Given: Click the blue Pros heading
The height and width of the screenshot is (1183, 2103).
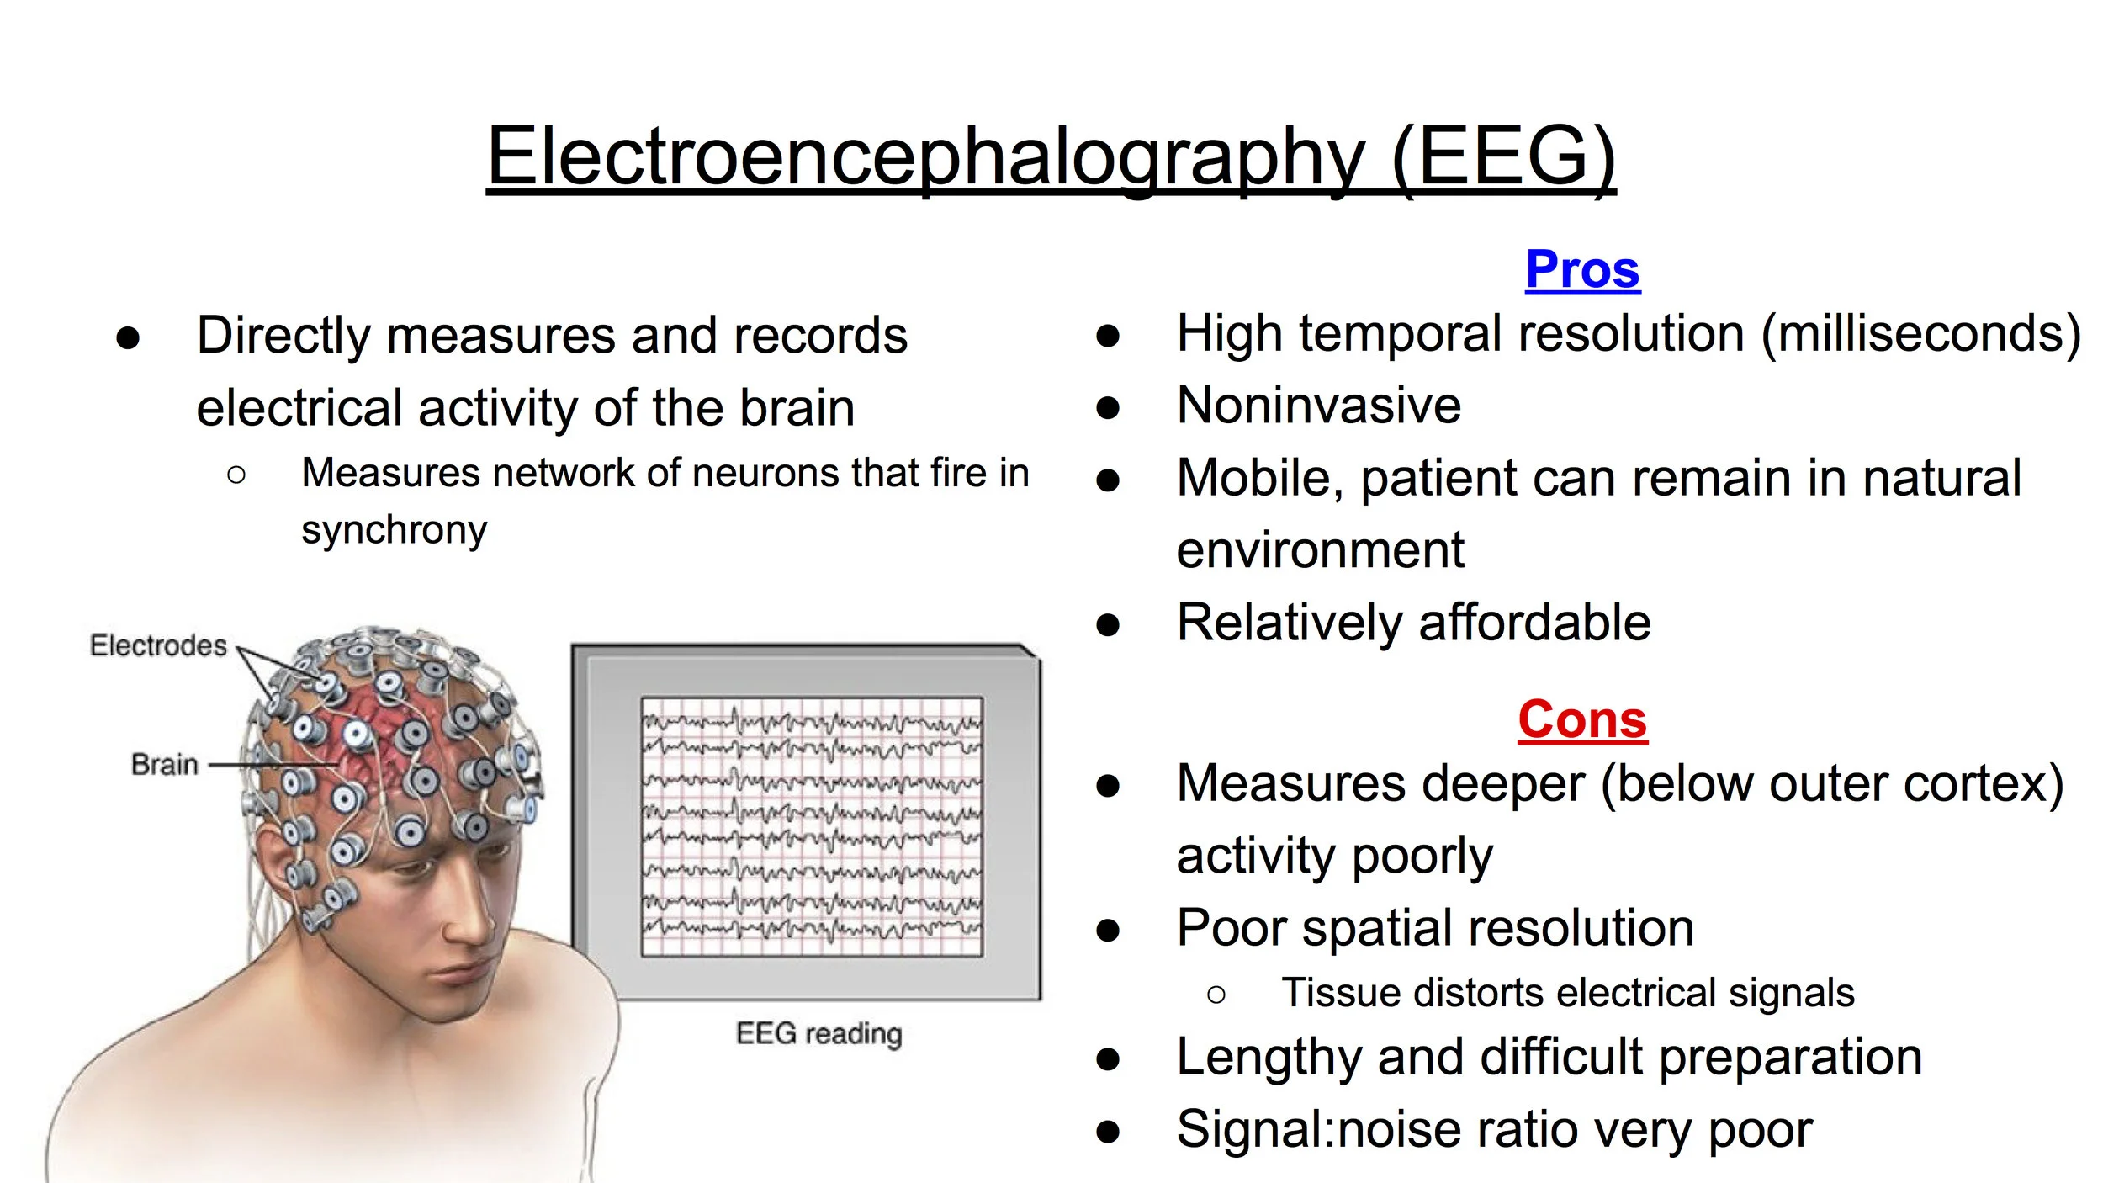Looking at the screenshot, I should (x=1582, y=270).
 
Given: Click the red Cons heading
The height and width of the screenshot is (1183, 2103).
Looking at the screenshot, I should (x=1582, y=720).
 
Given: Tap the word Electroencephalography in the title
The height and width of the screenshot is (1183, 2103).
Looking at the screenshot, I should (x=925, y=157).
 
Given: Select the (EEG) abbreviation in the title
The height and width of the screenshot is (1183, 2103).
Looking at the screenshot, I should (x=1503, y=157).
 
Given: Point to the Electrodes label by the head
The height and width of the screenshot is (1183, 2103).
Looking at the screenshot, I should (x=158, y=645).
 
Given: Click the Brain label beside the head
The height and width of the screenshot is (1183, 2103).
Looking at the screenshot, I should (x=165, y=765).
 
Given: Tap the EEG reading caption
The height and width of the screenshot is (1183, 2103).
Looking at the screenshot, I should (x=818, y=1033).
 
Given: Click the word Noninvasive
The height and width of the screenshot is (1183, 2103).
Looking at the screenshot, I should (x=1318, y=406).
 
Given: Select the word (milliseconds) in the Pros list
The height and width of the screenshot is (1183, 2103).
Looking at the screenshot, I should (x=1920, y=334).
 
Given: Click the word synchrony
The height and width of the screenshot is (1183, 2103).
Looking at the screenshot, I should (x=394, y=530).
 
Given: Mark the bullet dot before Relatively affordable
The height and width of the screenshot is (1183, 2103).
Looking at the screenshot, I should (x=1108, y=625).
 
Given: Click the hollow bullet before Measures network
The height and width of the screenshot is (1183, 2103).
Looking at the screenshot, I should (x=236, y=475).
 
